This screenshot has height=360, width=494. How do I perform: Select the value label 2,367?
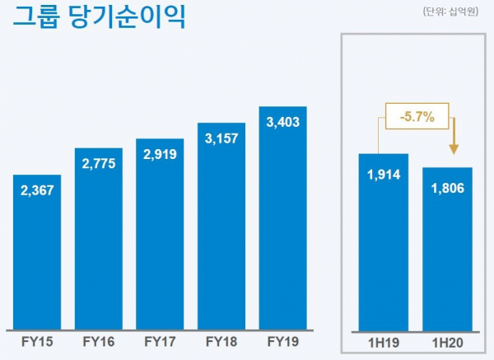click(x=37, y=192)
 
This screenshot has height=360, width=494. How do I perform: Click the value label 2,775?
click(x=99, y=165)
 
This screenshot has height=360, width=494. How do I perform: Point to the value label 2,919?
click(x=160, y=154)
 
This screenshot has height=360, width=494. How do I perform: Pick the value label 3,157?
click(x=221, y=138)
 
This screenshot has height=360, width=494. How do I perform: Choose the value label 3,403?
click(x=282, y=123)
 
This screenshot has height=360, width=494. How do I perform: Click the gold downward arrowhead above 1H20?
click(x=452, y=147)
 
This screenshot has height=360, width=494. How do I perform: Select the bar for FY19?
click(x=282, y=231)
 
